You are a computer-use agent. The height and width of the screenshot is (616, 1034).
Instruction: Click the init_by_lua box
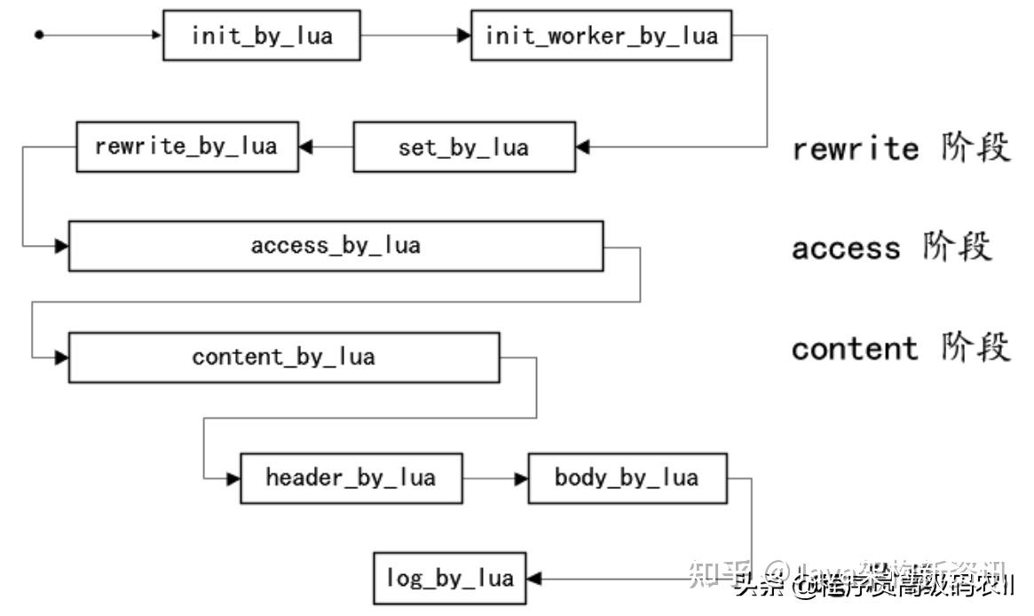pos(262,36)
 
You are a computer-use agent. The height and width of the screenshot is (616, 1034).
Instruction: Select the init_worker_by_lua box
pos(601,36)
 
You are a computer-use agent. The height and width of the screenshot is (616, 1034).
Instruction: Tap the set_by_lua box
pos(463,146)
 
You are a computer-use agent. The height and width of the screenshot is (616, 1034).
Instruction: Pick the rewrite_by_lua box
pos(185,146)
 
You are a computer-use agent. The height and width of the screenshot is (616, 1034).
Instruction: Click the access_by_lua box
pos(335,246)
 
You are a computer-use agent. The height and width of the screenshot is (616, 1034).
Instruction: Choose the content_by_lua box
pos(283,357)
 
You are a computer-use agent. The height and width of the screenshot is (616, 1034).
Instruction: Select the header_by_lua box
pos(351,478)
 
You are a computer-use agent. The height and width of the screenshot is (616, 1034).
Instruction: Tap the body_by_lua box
pos(627,478)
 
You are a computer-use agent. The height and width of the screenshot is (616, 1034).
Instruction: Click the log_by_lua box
pos(449,579)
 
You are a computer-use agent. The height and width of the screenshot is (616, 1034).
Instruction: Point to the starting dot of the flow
pos(38,36)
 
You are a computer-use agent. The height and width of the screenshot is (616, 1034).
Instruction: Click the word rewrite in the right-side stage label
pos(855,148)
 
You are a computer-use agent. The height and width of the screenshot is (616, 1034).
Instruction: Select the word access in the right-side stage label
pos(845,248)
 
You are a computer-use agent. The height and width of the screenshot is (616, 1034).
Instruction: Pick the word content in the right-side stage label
pos(855,349)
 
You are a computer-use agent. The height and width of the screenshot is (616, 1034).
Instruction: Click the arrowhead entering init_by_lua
pos(157,36)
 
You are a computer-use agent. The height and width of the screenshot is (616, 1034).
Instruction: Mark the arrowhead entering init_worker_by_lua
pos(464,36)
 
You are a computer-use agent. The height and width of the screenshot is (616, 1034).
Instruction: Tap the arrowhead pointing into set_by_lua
pos(582,146)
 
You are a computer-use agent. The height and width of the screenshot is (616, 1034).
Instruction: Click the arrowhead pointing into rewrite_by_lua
pos(305,146)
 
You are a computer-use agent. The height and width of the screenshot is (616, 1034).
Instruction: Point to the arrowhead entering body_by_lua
pos(522,478)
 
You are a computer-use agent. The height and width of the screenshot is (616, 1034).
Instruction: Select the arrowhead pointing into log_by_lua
pos(533,579)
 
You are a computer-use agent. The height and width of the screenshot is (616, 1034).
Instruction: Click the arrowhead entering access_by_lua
pos(61,246)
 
